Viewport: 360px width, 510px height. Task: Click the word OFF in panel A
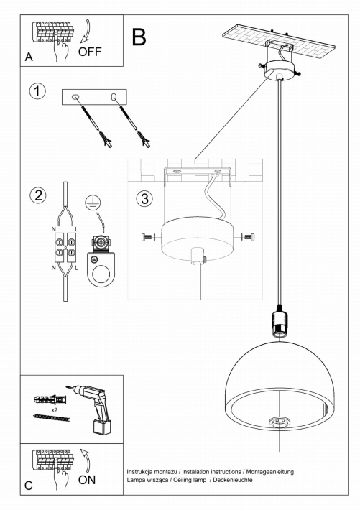click(90, 52)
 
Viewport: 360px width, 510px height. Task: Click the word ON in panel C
click(86, 480)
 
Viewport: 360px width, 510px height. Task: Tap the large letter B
click(139, 37)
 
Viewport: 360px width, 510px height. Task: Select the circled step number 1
click(37, 91)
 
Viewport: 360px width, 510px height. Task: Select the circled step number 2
click(38, 195)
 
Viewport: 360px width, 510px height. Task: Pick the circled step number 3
click(144, 198)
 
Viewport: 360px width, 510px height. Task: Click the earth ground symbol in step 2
click(93, 203)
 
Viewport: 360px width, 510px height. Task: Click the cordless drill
click(91, 408)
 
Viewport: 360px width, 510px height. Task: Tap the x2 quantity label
click(55, 410)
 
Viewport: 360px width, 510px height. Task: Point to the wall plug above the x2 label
click(50, 399)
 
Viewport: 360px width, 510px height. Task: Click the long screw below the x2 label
click(52, 417)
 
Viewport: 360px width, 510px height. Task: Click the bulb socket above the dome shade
click(279, 321)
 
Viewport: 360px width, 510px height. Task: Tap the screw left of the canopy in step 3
click(149, 237)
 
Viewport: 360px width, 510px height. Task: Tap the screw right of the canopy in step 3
click(248, 237)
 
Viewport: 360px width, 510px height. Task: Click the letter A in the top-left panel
click(29, 57)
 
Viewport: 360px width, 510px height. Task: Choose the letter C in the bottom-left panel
click(29, 486)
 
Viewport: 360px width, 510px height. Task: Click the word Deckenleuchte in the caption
click(233, 480)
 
